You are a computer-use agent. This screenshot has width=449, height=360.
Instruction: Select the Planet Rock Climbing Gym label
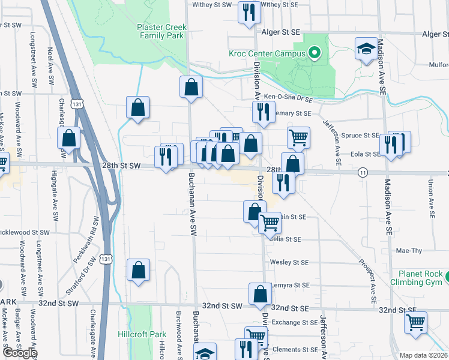point(416,278)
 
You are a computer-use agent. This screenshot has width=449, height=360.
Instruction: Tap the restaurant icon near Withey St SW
point(249,12)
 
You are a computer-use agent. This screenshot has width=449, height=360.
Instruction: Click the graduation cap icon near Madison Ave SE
point(366,49)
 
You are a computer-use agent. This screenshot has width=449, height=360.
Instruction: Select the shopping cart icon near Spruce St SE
point(298,137)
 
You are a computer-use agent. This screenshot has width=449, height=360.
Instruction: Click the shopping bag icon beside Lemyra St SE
point(261,293)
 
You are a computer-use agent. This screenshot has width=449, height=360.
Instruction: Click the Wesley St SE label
point(289,262)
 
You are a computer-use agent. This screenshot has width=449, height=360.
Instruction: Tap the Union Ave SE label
point(431,198)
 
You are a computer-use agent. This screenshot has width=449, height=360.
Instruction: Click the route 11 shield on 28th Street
point(363,172)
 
